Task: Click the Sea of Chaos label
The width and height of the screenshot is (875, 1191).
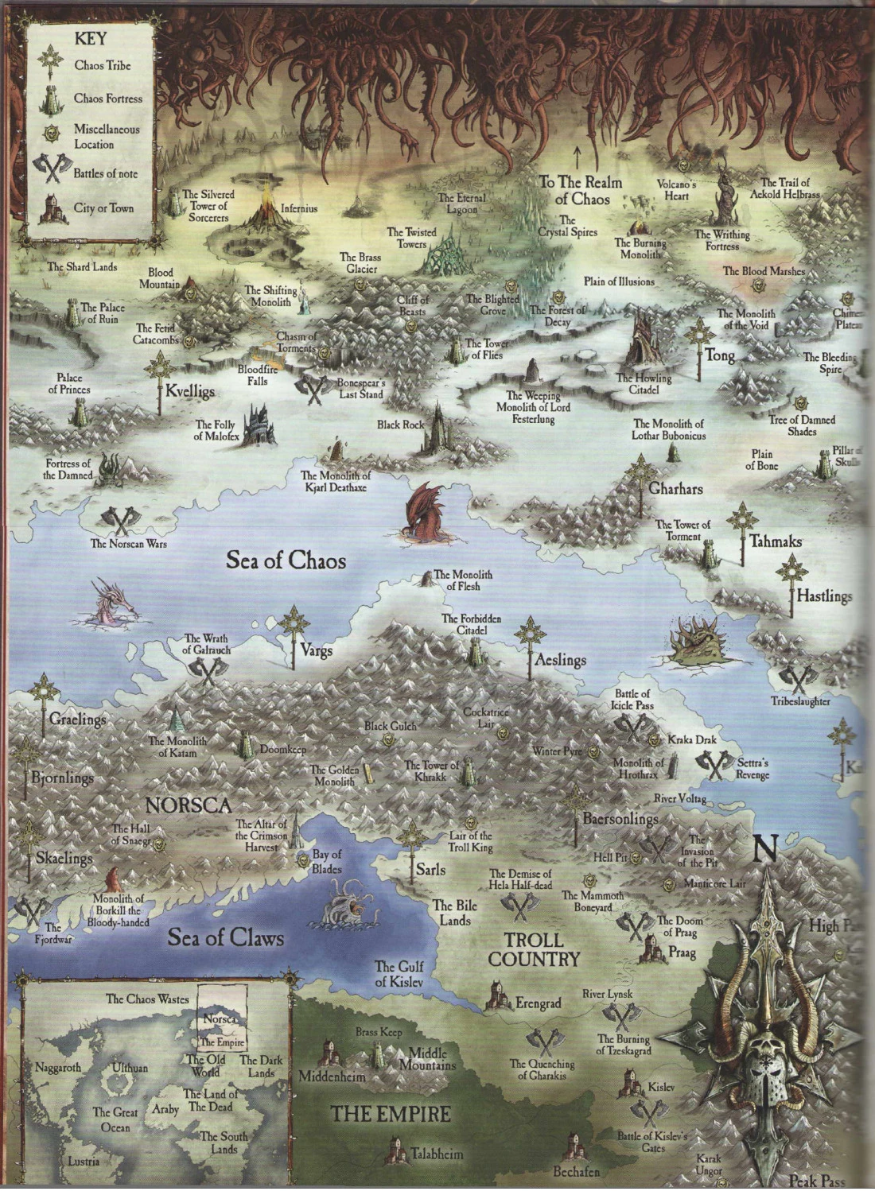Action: [x=286, y=561]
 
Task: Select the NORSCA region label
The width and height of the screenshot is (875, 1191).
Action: [x=189, y=804]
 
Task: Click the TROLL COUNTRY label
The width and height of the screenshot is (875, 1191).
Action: [x=534, y=949]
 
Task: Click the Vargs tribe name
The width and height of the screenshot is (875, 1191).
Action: [x=316, y=650]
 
